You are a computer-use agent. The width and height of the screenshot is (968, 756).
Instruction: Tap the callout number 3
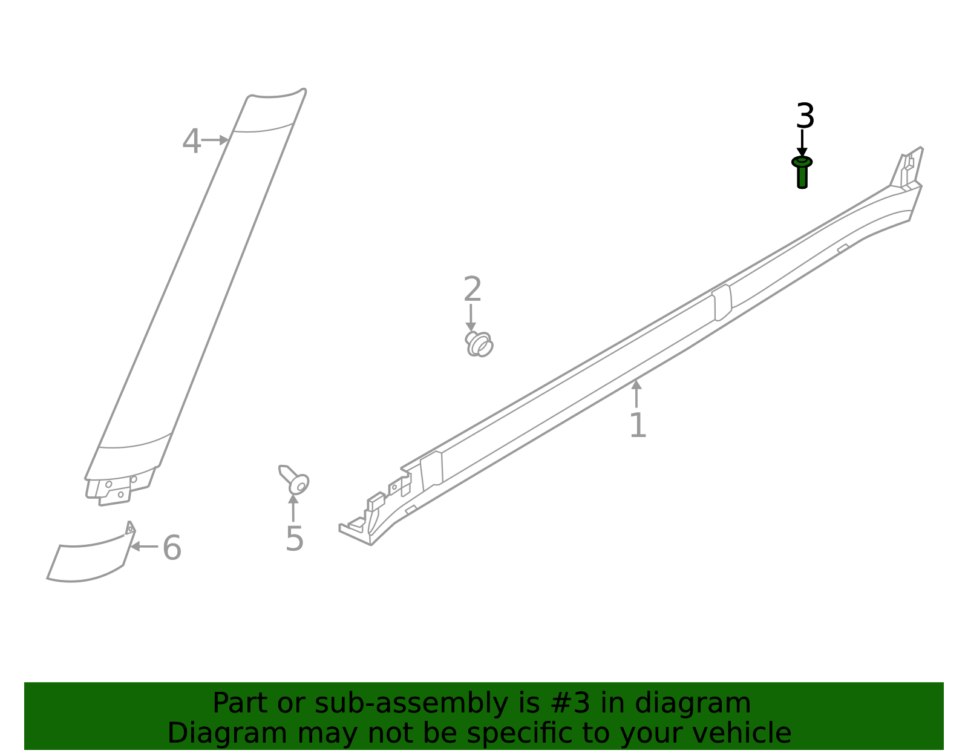point(805,116)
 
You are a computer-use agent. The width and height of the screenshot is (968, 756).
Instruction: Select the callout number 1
point(638,426)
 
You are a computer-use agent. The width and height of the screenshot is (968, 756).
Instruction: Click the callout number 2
point(472,289)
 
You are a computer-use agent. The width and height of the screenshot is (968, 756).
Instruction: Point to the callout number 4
point(191,142)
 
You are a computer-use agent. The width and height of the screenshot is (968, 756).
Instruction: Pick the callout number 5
point(294,539)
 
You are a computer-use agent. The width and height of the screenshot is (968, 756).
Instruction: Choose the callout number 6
point(172,548)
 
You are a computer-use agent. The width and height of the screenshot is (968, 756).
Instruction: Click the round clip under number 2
point(479,344)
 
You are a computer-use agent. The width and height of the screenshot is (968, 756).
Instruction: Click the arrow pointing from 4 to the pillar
point(215,140)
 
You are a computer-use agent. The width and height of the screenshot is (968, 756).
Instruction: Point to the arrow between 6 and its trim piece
point(144,546)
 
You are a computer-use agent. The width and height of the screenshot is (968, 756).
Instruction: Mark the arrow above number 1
point(636,393)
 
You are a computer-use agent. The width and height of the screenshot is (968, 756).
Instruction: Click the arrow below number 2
point(471,318)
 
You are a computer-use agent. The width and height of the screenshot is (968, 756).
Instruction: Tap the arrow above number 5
point(293,507)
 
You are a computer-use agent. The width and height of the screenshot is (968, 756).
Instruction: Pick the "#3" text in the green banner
point(573,703)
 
